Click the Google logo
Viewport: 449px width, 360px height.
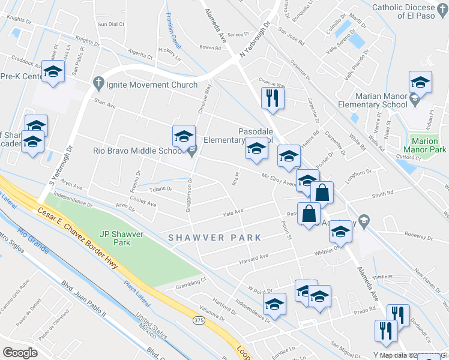[20, 353]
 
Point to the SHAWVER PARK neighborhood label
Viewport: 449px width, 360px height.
[215, 238]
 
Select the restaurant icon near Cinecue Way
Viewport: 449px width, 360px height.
[273, 97]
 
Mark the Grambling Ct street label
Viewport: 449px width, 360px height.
[191, 279]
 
